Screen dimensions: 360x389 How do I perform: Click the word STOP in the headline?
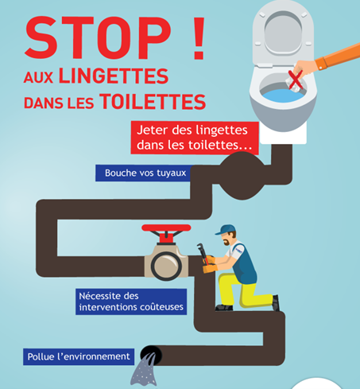point(98,37)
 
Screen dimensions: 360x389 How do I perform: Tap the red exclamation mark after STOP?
point(199,37)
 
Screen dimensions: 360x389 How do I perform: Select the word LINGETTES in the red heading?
point(114,76)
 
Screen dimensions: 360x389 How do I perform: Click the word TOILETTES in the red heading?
point(153,102)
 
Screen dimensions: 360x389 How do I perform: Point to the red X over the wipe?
point(296,80)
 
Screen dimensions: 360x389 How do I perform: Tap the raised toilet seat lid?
point(283,33)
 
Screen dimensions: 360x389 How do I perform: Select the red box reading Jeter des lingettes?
point(195,138)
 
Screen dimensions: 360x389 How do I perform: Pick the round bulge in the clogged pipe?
point(242,176)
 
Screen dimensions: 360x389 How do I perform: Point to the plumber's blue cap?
point(226,230)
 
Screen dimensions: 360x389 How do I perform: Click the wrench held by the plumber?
point(203,254)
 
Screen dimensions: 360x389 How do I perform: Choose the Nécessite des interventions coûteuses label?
point(131,301)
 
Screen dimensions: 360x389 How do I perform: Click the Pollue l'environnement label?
point(79,356)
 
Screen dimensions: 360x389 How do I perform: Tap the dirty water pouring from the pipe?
point(145,370)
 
